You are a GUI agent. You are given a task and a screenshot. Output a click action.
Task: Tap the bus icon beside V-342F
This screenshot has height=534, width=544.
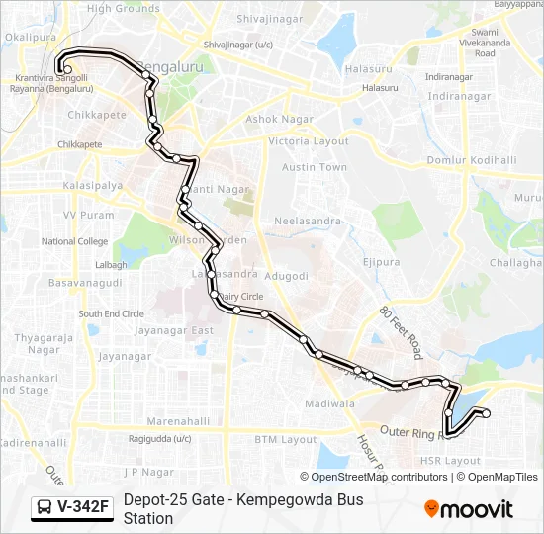[45, 508]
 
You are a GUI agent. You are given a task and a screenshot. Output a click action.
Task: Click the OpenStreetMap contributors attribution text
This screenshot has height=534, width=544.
[381, 477]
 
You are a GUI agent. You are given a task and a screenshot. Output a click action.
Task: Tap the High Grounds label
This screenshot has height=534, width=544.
[123, 9]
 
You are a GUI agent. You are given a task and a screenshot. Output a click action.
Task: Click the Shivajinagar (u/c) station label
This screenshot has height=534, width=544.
[237, 44]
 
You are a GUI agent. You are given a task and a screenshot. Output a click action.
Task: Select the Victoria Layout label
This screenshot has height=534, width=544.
[309, 141]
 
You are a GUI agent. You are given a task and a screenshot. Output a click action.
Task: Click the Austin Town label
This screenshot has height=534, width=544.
[315, 168]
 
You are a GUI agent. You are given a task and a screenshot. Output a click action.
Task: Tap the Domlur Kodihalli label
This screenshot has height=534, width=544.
[472, 160]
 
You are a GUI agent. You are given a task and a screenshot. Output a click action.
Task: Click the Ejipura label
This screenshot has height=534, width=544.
[381, 262]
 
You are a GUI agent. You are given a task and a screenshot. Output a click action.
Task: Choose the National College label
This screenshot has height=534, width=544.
[74, 241]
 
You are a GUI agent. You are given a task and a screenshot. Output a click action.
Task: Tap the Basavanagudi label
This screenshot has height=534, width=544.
[84, 282]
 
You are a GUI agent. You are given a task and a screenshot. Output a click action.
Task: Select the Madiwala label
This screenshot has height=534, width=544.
[329, 403]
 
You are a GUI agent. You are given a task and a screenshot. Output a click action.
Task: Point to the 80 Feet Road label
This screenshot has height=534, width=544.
[401, 330]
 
